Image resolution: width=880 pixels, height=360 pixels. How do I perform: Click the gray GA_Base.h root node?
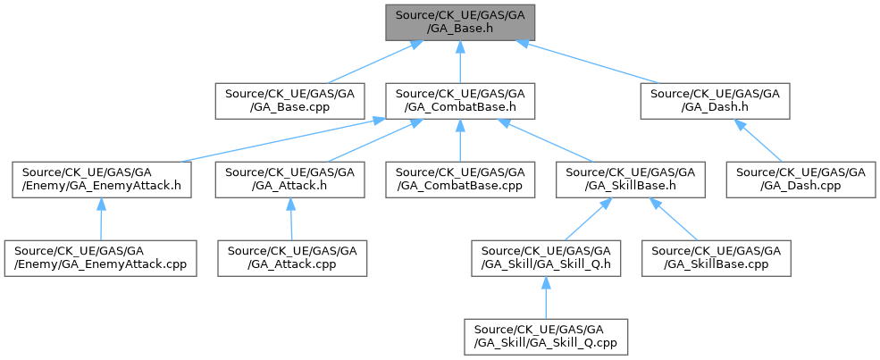tap(457, 20)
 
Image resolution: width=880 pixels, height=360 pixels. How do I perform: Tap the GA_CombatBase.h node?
tap(457, 100)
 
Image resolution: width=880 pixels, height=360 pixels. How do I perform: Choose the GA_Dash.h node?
tap(713, 100)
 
